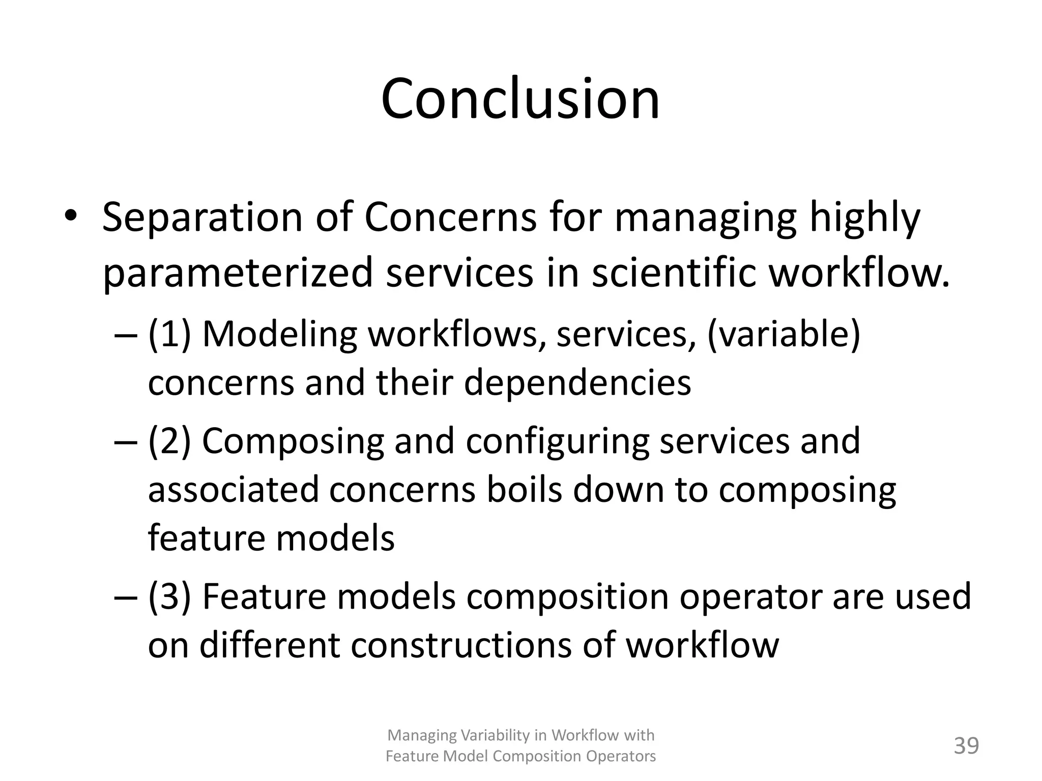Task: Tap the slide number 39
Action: tap(966, 746)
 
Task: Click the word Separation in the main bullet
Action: tap(202, 218)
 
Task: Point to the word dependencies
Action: tap(577, 382)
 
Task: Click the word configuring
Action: tap(558, 441)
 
